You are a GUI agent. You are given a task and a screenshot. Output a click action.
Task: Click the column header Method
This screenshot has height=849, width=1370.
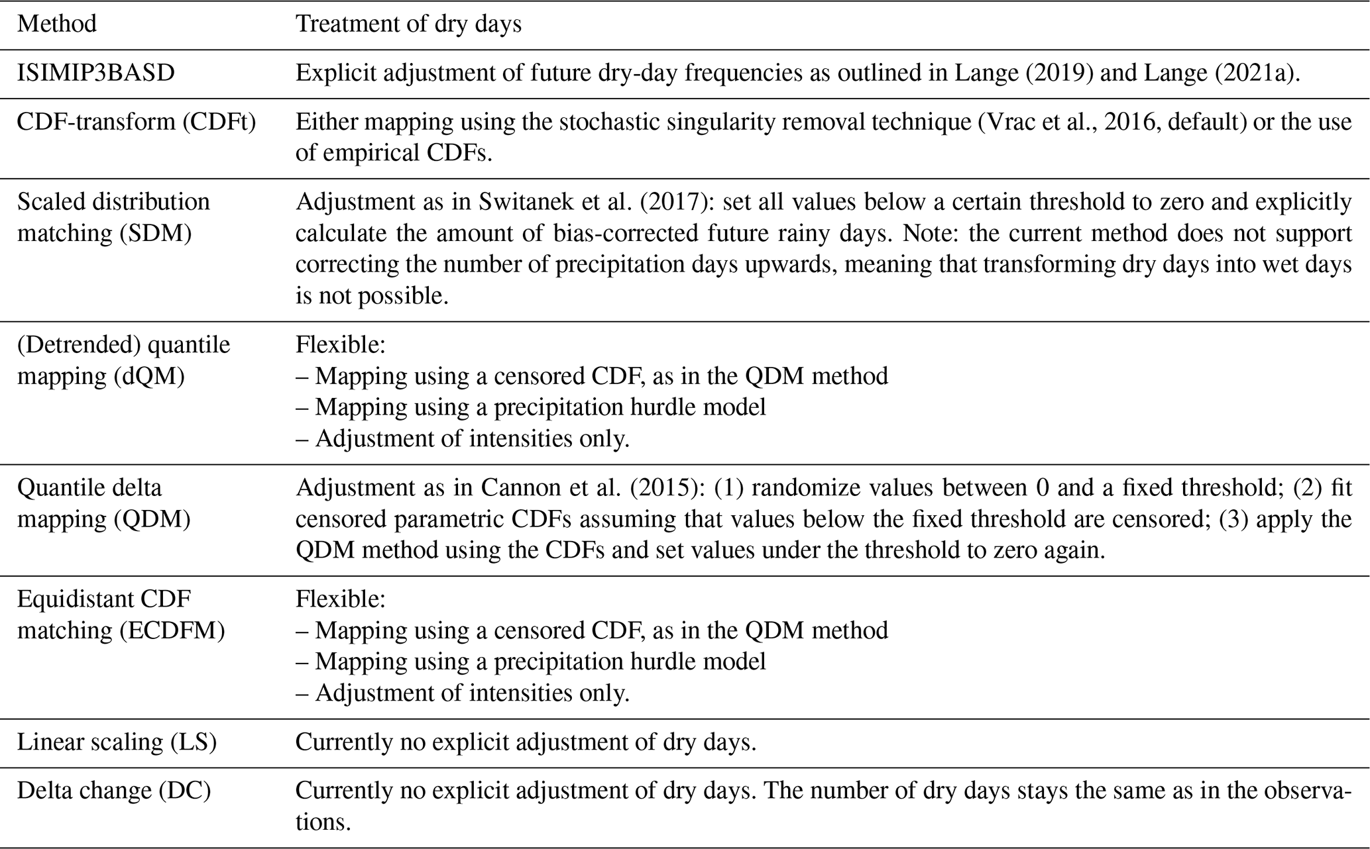(x=57, y=25)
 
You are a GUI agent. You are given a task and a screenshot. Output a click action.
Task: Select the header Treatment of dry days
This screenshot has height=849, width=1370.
(x=408, y=25)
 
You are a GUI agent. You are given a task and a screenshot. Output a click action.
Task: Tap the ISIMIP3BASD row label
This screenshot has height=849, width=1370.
(x=96, y=73)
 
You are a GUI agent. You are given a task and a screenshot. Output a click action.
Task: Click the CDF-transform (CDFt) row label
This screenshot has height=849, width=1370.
(x=137, y=122)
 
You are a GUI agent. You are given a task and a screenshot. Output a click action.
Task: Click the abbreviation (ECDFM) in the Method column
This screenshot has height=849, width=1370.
(x=172, y=630)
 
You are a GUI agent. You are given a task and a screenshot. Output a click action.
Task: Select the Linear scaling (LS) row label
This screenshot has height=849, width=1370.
(x=117, y=742)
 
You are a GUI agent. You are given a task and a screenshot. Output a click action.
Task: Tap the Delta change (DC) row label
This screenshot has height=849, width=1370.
(x=114, y=791)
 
